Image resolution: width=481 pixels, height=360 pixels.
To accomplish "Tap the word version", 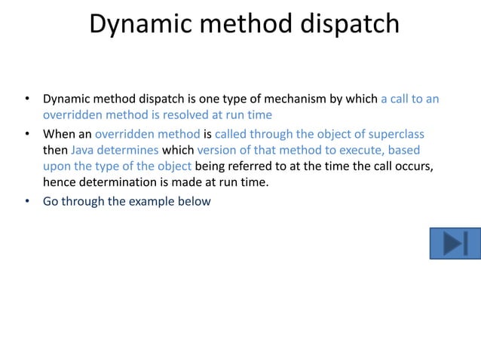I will [219, 150].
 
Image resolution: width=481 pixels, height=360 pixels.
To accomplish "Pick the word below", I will [195, 201].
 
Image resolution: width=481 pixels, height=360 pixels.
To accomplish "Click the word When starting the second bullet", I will [59, 134].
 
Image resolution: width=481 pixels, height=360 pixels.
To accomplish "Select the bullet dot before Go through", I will [26, 201].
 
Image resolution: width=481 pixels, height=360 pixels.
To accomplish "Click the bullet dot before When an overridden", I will [26, 134].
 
